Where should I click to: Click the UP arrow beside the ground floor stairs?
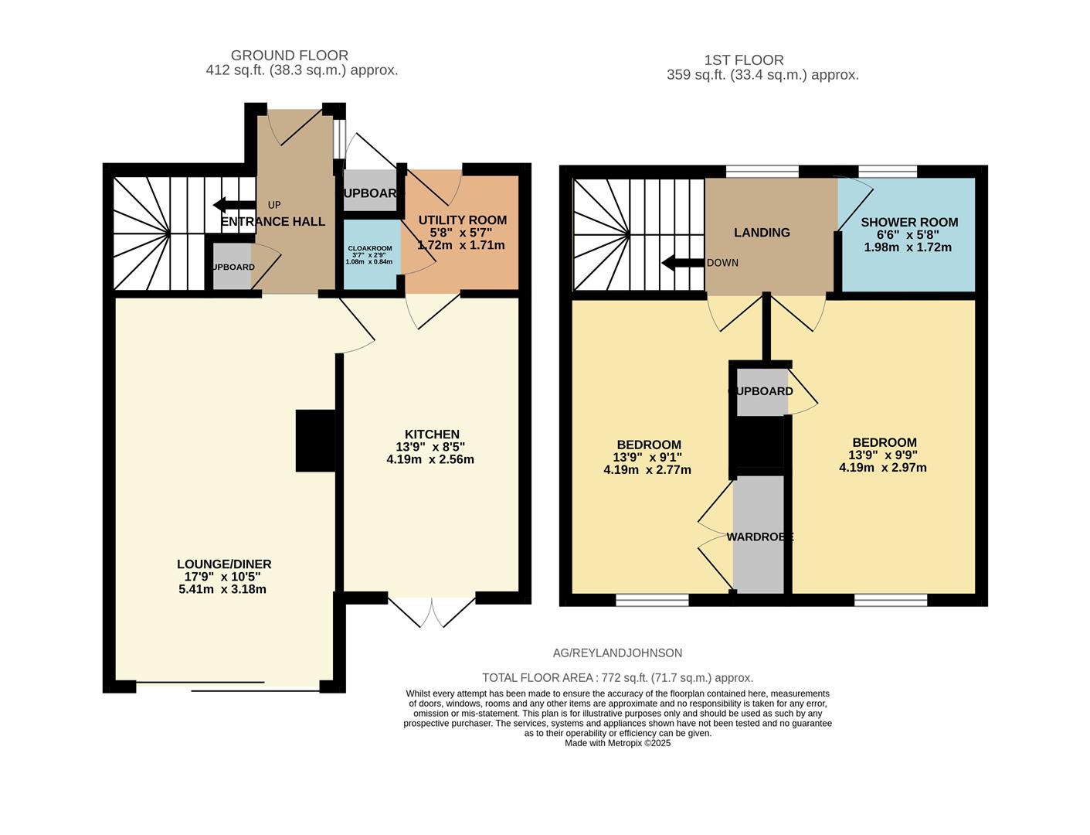[229, 205]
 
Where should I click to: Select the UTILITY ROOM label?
[462, 220]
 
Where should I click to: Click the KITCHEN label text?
[432, 435]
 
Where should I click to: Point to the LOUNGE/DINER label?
[224, 564]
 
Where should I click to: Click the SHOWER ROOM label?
[909, 223]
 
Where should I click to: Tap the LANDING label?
[762, 233]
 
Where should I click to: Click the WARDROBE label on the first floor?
[759, 537]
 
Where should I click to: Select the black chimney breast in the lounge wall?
[315, 441]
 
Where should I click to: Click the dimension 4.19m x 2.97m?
[882, 468]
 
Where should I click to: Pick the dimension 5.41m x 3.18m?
[222, 589]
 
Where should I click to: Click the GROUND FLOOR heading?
[290, 56]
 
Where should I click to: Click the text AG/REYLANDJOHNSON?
[617, 653]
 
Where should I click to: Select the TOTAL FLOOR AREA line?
[617, 678]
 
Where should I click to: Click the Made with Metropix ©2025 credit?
[617, 743]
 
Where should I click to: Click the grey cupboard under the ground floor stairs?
[232, 267]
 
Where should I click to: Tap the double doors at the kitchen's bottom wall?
[432, 611]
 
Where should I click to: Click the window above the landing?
[762, 172]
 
